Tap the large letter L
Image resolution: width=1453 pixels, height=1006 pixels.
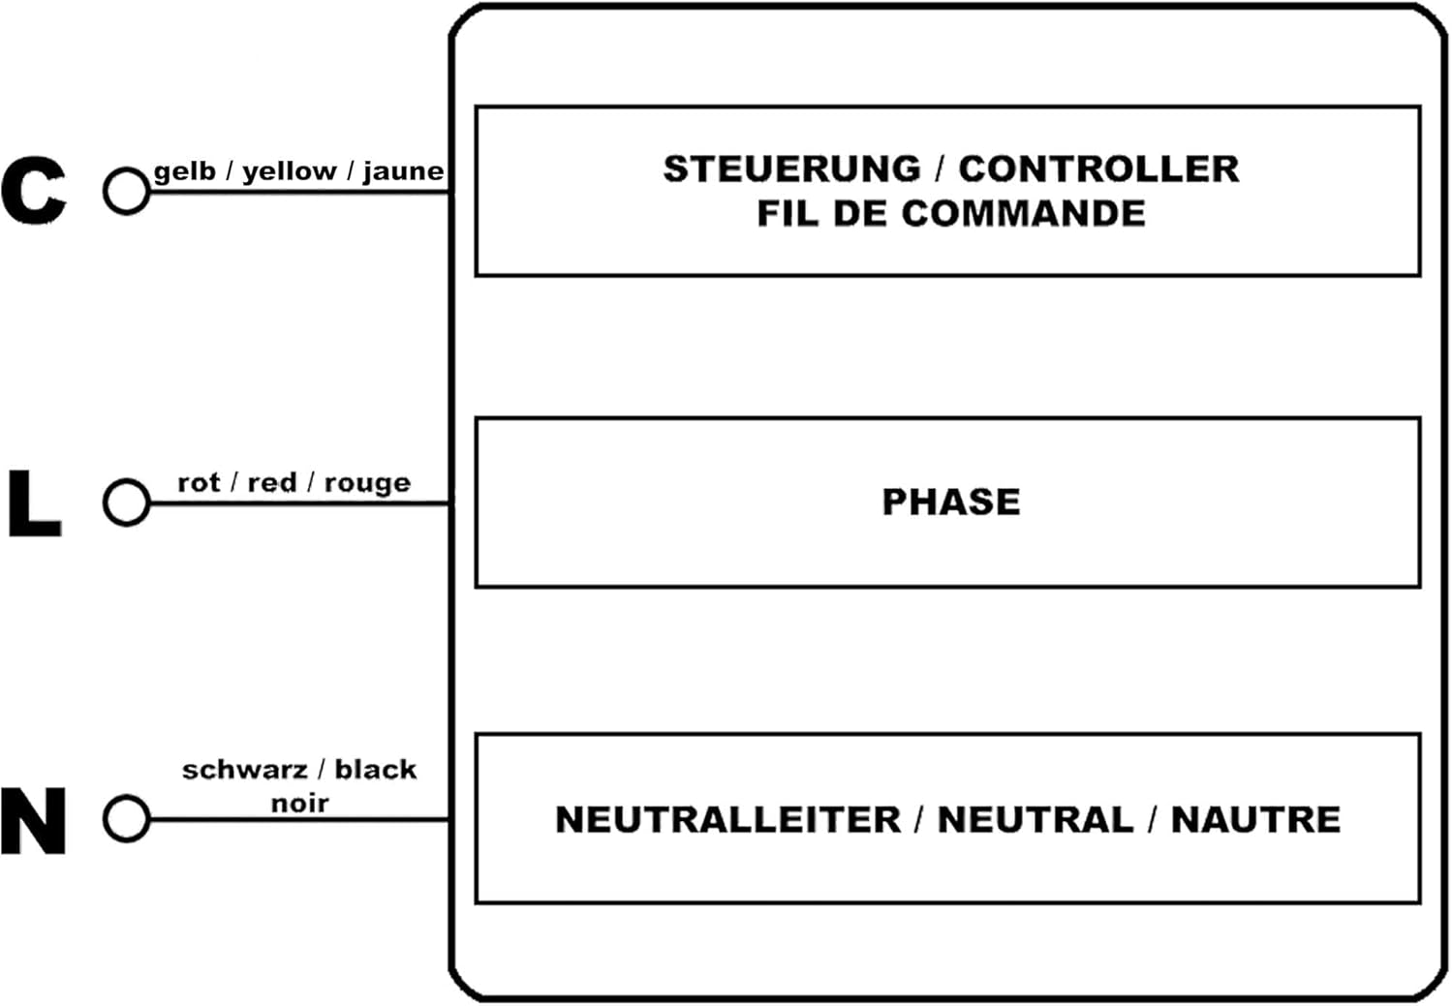coord(34,503)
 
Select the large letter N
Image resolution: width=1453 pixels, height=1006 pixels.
coord(33,821)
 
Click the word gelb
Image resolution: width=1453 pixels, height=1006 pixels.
coord(185,171)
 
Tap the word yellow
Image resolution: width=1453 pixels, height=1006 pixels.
coord(290,172)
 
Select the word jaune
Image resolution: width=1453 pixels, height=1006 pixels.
coord(404,172)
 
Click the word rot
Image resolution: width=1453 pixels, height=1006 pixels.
coord(200,483)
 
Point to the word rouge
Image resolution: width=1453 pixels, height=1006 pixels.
coord(367,484)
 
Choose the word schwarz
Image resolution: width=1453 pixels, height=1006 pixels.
coord(244,770)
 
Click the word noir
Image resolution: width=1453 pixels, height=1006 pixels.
coord(299,804)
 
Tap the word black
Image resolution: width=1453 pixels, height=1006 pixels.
coord(376,770)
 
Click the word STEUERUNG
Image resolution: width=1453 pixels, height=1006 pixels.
coord(792,169)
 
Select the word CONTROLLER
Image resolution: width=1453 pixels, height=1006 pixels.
coord(1098,169)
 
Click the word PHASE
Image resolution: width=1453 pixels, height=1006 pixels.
coord(951,503)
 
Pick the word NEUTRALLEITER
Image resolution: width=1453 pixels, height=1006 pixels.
coord(727,820)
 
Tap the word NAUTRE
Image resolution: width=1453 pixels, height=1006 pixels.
coord(1255,820)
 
